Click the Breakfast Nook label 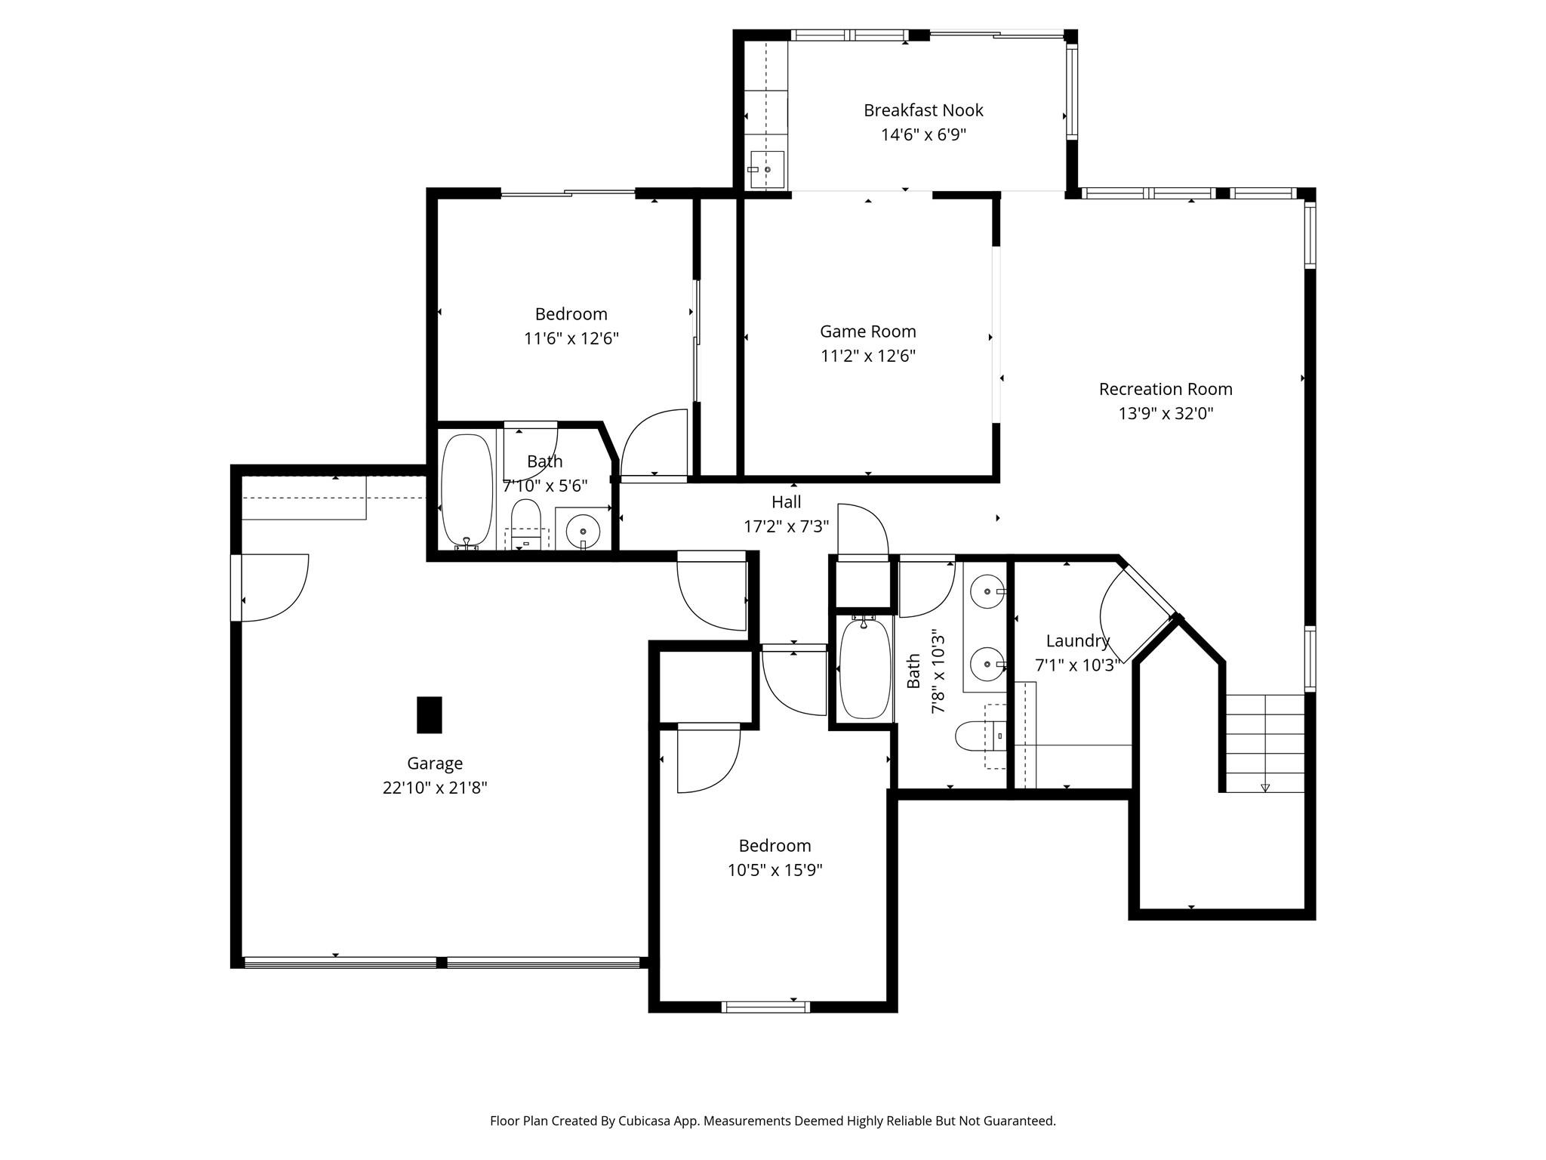923,110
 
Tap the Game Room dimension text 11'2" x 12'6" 868,356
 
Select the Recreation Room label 1166,389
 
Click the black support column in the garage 430,714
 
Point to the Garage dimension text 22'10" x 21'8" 435,788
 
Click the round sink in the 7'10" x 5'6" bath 583,531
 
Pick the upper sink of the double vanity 987,591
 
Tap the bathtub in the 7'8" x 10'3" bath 865,669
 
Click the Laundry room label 1077,641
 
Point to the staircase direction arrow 1265,788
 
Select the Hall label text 786,502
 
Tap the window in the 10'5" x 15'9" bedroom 765,1007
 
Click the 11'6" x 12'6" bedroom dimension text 571,338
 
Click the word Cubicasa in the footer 645,1121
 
